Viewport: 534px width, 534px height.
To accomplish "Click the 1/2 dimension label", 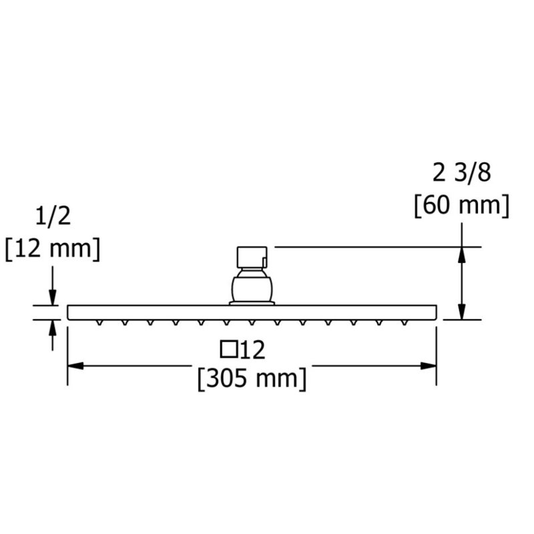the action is click(53, 216).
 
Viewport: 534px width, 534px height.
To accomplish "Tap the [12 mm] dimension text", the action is click(53, 249).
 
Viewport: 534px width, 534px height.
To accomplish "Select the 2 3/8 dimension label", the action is click(462, 173).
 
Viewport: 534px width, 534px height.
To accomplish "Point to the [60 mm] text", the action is click(462, 206).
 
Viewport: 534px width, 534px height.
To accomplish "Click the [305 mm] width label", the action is click(252, 378).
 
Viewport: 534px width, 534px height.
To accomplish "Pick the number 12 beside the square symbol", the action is click(253, 350).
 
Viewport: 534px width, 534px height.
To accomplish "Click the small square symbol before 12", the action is click(229, 349).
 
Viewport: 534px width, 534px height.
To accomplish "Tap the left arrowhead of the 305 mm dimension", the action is click(75, 366).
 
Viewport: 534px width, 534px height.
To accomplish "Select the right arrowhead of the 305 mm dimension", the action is click(429, 366).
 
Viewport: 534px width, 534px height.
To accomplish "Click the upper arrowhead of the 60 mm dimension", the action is click(462, 255).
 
